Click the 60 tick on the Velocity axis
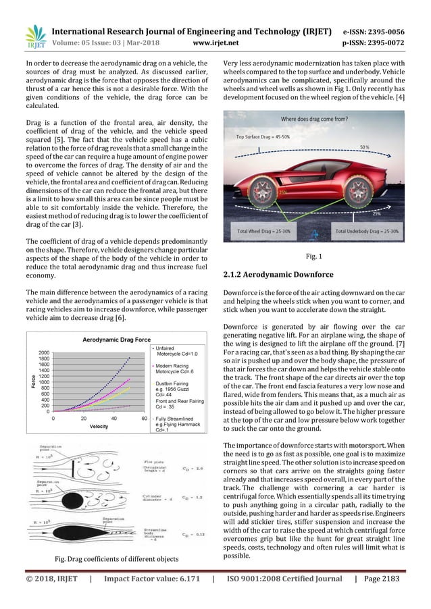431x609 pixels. pos(145,417)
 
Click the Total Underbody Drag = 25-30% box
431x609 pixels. pos(368,230)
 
